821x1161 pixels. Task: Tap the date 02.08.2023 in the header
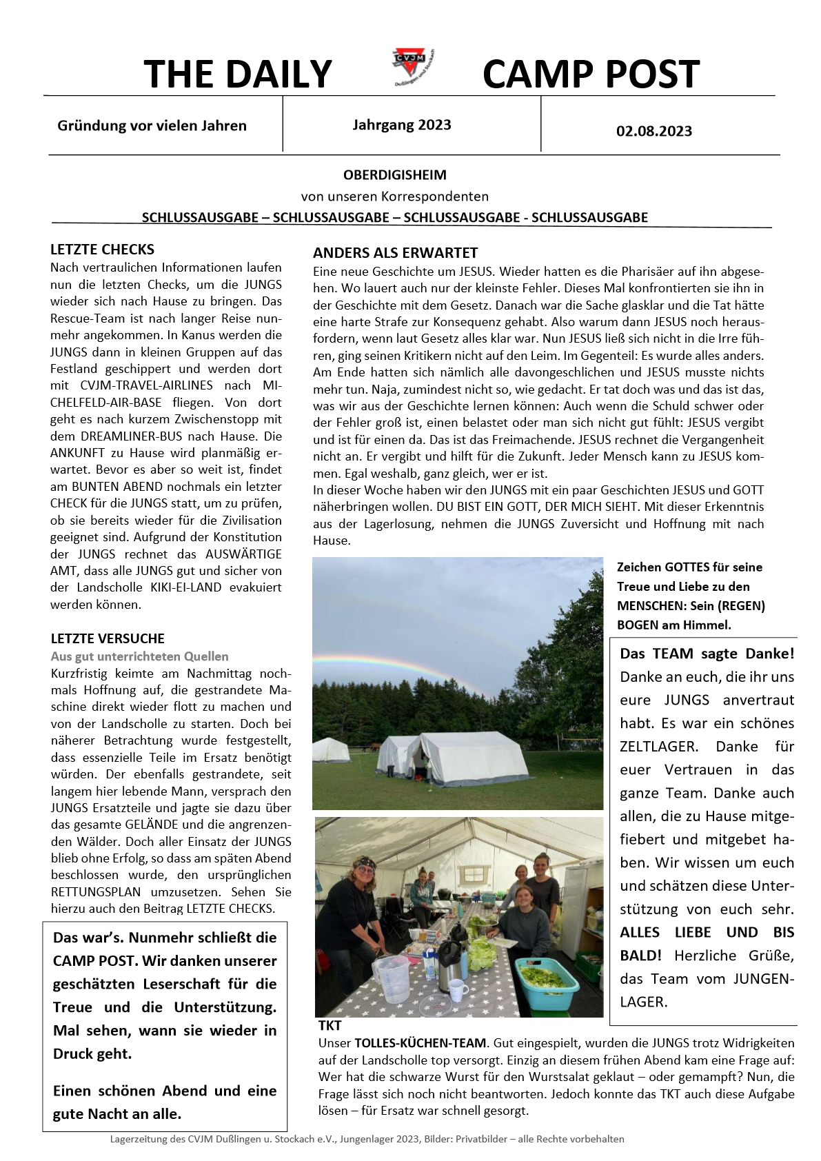653,131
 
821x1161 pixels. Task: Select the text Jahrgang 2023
402,125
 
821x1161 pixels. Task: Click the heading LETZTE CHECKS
102,250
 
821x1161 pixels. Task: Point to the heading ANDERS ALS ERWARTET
395,253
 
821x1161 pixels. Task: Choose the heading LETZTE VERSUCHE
108,638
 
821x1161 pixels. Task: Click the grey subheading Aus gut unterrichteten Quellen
139,656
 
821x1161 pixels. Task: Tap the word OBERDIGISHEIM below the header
395,175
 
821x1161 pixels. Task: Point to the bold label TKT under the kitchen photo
330,1025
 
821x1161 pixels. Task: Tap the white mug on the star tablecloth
458,991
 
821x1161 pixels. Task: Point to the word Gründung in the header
90,125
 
